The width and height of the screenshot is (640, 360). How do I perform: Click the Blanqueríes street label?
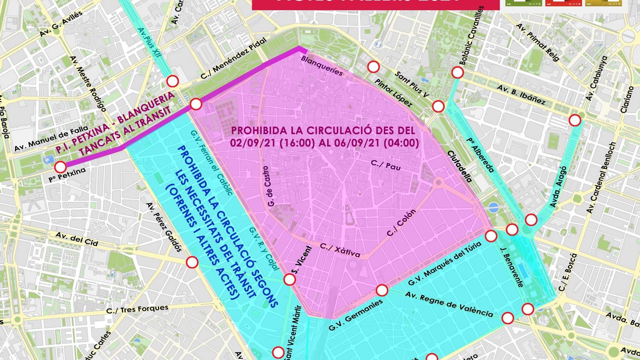(x=322, y=66)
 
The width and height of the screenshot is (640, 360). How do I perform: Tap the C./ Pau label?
(x=386, y=165)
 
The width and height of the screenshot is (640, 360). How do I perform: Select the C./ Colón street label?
(x=401, y=222)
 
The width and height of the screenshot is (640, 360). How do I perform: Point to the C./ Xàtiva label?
(x=340, y=250)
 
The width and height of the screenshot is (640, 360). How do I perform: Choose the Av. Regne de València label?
(x=449, y=304)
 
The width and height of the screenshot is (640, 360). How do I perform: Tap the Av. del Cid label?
(x=76, y=238)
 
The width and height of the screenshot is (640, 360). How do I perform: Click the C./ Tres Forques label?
(x=137, y=309)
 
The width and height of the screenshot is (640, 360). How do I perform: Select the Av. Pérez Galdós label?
(x=164, y=227)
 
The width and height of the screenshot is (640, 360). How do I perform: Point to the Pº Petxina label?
(x=67, y=175)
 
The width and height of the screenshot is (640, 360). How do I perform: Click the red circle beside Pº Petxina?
(x=60, y=167)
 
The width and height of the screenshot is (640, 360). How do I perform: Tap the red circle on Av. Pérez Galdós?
(x=192, y=262)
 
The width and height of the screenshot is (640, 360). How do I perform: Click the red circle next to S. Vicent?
(x=290, y=279)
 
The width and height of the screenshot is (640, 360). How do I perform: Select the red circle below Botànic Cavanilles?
(x=458, y=72)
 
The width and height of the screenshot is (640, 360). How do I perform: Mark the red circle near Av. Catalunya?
(x=575, y=120)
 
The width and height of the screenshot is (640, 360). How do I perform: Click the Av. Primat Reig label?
(x=538, y=42)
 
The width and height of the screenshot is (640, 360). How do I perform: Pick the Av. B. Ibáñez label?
(x=521, y=94)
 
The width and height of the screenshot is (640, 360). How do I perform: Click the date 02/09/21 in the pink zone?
(x=248, y=143)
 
